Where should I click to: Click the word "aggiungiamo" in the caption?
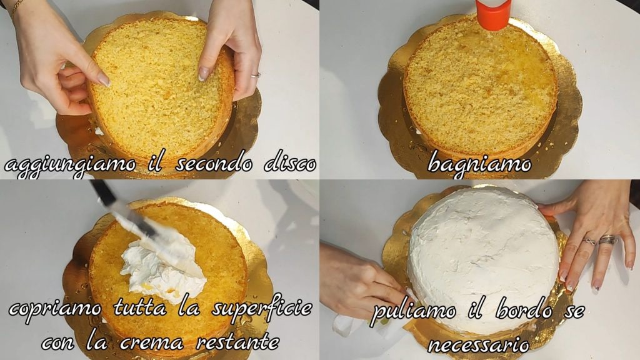70,165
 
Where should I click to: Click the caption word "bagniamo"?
479,164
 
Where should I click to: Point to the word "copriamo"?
55,309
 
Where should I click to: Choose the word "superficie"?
262,309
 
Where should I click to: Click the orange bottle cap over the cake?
494,14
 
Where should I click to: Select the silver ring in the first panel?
256,75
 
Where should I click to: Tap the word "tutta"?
140,307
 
